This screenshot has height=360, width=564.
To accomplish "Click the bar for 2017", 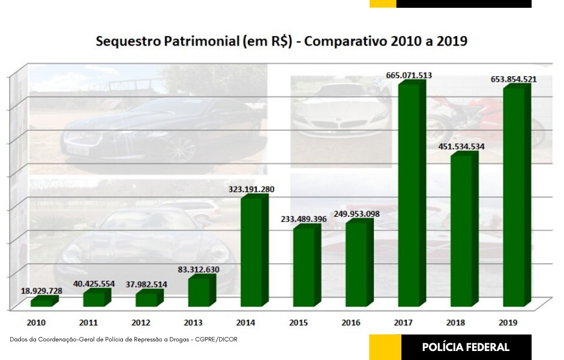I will click(410, 194).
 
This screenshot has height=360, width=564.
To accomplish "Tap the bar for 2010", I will click(41, 302).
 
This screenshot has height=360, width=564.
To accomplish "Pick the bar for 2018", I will click(461, 230).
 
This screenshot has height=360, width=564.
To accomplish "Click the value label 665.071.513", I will click(409, 76).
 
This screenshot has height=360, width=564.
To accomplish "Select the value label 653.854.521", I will click(514, 79).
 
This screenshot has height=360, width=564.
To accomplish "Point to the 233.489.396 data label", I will click(304, 219).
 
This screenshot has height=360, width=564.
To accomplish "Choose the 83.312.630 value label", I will click(199, 269).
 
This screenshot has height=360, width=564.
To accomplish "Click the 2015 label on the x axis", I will click(298, 323).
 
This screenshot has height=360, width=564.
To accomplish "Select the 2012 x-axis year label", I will click(142, 323).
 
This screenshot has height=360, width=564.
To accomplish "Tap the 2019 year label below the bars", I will click(509, 323).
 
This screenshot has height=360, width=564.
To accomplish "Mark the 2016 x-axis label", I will click(351, 323).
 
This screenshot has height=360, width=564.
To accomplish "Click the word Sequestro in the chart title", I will click(124, 42).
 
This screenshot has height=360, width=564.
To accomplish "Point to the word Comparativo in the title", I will click(350, 42).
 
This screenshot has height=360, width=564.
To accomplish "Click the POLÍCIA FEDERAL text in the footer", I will click(466, 347).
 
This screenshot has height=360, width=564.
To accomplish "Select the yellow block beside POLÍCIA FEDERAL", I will click(385, 347).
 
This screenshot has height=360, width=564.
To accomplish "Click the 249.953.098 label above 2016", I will click(356, 214).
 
